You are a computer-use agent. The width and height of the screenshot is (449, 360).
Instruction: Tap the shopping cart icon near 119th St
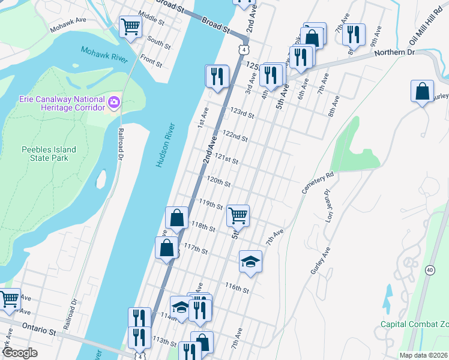238,215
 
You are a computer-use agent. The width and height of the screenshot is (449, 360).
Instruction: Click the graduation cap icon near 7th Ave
250,261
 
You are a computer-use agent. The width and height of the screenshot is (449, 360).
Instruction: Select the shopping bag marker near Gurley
423,92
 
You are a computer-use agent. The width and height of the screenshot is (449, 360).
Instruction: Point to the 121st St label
228,161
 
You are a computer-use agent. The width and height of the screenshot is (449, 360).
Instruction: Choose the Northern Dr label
395,53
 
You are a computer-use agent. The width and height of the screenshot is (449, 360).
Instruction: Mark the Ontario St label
40,331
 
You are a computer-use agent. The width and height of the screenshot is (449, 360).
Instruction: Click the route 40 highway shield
430,270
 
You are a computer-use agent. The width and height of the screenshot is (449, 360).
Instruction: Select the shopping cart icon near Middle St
131,26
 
